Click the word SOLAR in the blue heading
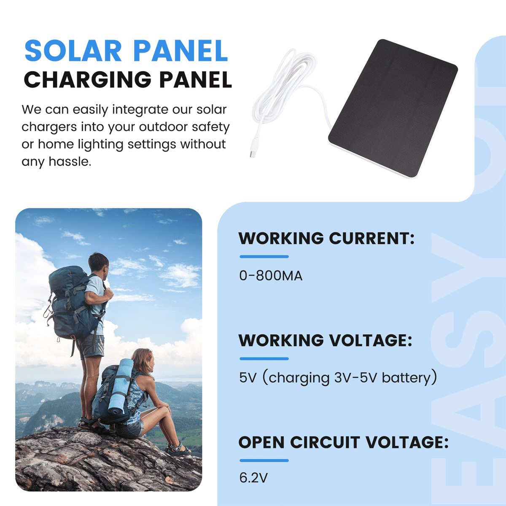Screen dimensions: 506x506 coord(73,51)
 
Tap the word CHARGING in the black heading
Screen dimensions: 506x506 coord(88,79)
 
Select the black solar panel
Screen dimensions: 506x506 coord(393,108)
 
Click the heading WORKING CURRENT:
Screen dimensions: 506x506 coord(326,238)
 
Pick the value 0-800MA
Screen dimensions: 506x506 coord(271,276)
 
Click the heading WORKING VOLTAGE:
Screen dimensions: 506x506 coord(326,340)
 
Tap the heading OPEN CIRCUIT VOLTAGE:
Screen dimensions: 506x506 coord(344,442)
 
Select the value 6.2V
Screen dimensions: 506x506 coord(253,478)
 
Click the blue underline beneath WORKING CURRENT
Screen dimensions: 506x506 coord(264,256)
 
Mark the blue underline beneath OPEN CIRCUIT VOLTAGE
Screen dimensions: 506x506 coord(264,460)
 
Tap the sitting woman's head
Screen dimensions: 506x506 coord(143,361)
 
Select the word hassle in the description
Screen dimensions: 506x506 coord(70,161)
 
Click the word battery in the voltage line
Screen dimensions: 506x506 coord(406,378)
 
